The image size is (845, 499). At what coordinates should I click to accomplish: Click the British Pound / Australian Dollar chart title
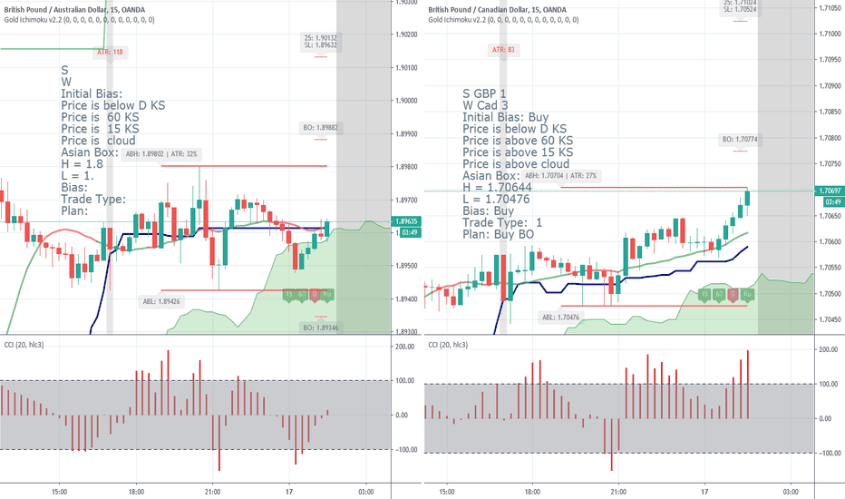point(77,7)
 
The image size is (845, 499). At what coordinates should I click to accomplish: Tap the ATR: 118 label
point(110,53)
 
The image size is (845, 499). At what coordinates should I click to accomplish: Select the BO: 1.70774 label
point(740,140)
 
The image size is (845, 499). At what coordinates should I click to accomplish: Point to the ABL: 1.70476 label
point(561,317)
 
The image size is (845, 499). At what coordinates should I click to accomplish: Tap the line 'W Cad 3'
point(490,105)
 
